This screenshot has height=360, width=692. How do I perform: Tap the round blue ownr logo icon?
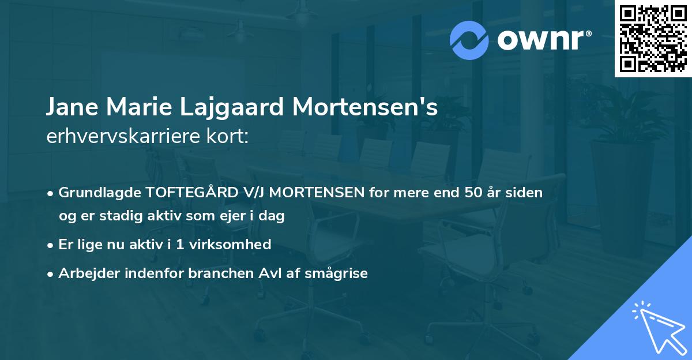[x=469, y=40]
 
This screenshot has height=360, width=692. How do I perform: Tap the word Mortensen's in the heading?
[x=365, y=108]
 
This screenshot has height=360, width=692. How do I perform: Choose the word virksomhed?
[x=229, y=245]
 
